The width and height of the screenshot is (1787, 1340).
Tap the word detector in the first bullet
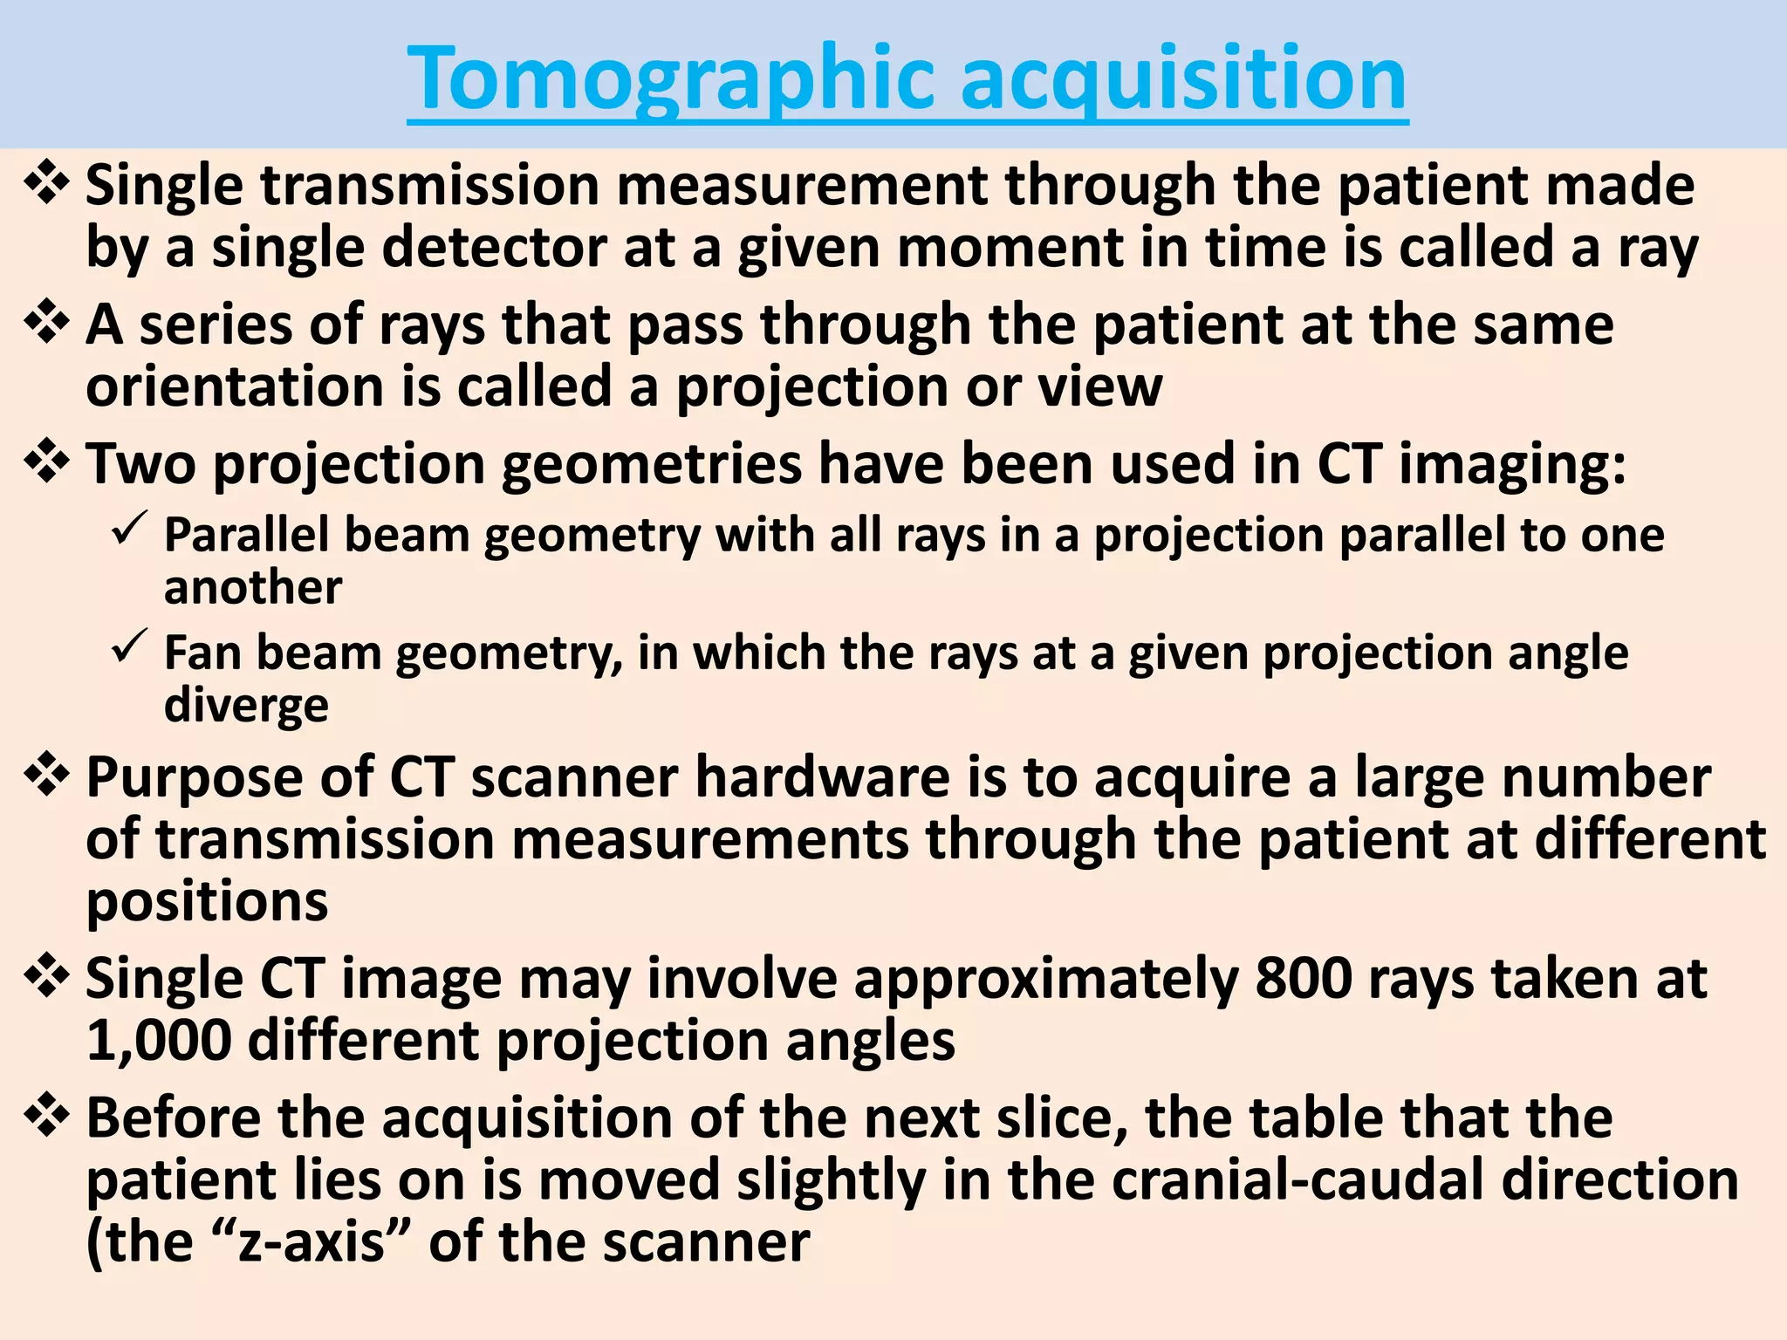click(494, 248)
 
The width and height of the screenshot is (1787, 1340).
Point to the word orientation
click(235, 386)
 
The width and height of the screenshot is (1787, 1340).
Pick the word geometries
click(651, 464)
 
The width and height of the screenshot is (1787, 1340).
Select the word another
click(253, 587)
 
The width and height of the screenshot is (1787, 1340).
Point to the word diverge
click(246, 706)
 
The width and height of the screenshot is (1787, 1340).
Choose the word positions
click(208, 902)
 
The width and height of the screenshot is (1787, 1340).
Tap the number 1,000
click(159, 1041)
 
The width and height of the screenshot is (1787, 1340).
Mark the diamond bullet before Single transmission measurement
click(47, 184)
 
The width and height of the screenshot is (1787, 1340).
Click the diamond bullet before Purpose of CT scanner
click(47, 776)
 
